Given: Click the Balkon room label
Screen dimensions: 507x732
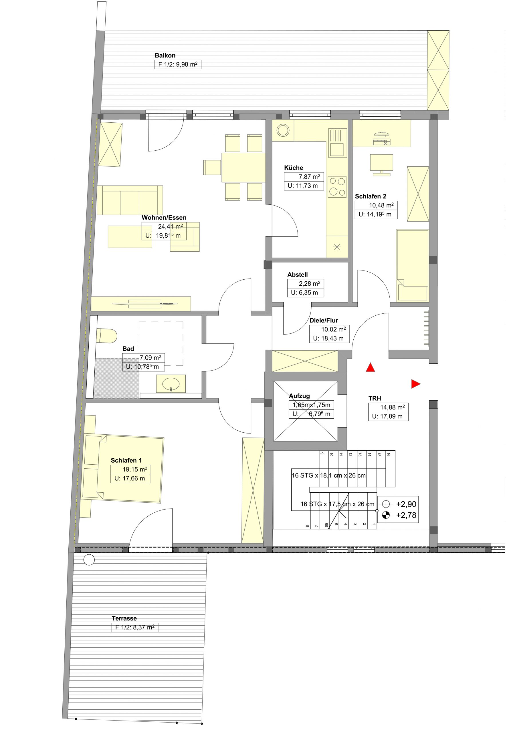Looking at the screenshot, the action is click(x=165, y=55).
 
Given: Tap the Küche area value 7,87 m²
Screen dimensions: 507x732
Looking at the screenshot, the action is click(x=309, y=177).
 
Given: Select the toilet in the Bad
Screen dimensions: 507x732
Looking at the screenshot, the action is click(x=107, y=335).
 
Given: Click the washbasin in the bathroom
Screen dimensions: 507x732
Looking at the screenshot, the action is click(x=171, y=384).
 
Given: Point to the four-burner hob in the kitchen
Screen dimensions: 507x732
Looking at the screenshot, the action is click(x=337, y=187).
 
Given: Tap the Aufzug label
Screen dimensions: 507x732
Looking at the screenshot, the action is click(x=299, y=396).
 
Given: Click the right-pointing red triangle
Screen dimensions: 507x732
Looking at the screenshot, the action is click(x=416, y=384).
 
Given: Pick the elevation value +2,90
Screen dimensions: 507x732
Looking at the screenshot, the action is click(x=406, y=504).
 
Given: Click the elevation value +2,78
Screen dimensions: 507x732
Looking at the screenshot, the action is click(x=406, y=515).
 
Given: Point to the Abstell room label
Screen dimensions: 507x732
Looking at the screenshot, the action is click(x=297, y=274).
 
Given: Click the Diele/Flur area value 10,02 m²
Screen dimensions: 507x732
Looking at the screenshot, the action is click(x=333, y=329).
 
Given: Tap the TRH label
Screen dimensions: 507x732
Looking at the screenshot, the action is click(x=375, y=398).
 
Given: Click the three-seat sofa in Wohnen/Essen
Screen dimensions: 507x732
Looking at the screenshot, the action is click(x=130, y=200).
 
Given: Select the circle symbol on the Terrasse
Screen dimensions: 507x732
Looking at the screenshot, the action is click(x=89, y=560).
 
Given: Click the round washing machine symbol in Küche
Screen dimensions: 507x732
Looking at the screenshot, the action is click(x=283, y=130).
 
